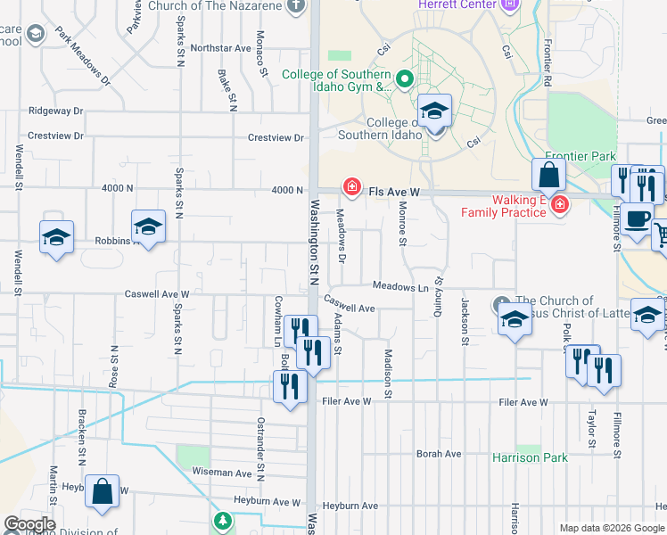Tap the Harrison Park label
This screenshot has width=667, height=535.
coord(530,457)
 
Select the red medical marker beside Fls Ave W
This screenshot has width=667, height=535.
coord(352,187)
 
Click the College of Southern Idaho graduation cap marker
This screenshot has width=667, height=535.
coord(434,111)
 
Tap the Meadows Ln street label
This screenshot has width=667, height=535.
coord(400,287)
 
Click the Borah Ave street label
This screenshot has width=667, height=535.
coord(439,454)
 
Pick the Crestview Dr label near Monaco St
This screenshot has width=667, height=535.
coord(276,137)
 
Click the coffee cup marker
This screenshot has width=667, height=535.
coord(638,219)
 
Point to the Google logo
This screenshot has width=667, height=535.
coord(29,524)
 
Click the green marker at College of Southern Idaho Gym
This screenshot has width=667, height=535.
coord(403,80)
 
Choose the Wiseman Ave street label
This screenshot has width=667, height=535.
coord(222,473)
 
